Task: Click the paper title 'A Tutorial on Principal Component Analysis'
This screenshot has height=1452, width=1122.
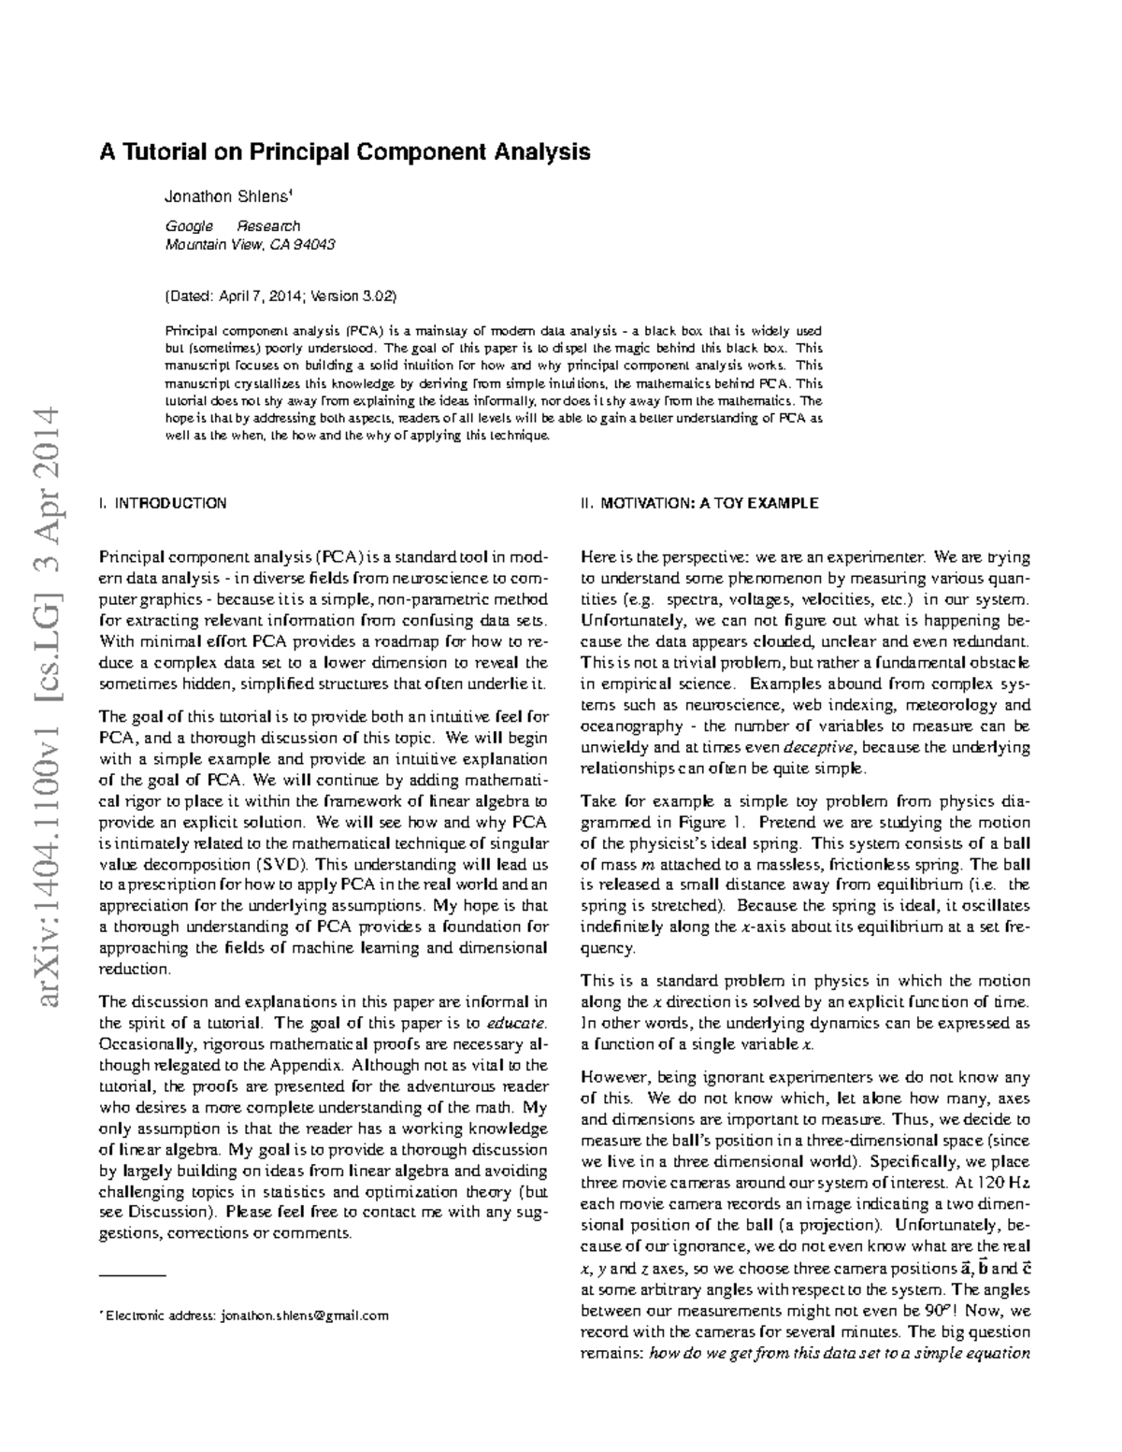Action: [x=345, y=151]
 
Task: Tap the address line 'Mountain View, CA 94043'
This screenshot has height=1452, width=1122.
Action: [x=250, y=245]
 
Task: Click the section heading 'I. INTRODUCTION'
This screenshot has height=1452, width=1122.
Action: [x=163, y=503]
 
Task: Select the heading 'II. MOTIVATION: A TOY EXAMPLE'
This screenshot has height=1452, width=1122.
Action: [x=699, y=503]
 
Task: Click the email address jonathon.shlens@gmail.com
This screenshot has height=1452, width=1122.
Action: [x=304, y=1315]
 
